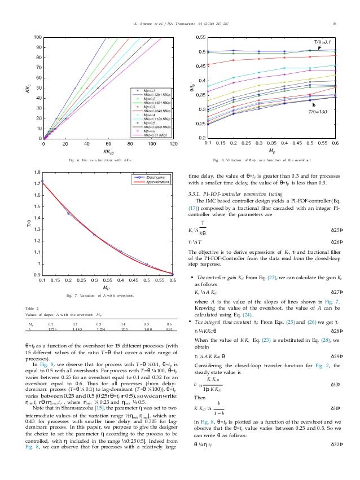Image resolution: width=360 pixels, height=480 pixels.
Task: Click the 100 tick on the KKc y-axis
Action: (x=37, y=37)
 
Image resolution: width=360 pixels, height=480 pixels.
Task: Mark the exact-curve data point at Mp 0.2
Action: (x=68, y=214)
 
